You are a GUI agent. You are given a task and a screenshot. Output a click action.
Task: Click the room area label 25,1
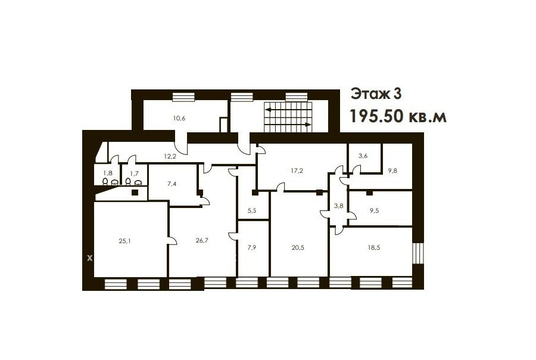click(x=125, y=241)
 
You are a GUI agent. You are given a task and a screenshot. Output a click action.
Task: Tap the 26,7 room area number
click(x=202, y=240)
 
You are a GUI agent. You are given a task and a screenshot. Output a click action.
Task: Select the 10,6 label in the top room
click(x=179, y=119)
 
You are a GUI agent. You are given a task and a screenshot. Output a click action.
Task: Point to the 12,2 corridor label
click(x=170, y=156)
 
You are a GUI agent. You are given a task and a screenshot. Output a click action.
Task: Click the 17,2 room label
click(x=297, y=170)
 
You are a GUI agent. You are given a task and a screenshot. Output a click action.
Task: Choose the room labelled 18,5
click(x=374, y=247)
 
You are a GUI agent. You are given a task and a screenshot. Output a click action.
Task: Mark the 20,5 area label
click(x=298, y=247)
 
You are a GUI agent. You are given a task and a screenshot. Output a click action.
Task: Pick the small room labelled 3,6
click(x=363, y=156)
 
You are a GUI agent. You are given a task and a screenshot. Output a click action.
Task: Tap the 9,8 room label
click(x=392, y=170)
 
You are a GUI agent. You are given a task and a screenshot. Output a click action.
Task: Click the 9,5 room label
click(x=375, y=210)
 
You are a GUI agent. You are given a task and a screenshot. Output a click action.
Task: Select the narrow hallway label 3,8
click(x=338, y=206)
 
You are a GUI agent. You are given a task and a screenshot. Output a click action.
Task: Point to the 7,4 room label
click(x=172, y=184)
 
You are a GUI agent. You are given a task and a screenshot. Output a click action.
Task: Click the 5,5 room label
click(x=252, y=210)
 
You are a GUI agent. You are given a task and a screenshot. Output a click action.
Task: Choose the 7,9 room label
click(x=251, y=247)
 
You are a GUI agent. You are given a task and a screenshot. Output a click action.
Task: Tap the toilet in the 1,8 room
click(x=105, y=181)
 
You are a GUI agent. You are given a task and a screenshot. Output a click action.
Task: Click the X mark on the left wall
click(x=89, y=258)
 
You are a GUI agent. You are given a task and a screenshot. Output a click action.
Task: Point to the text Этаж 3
click(x=376, y=94)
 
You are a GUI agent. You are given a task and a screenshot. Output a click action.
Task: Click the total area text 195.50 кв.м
click(x=398, y=117)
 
